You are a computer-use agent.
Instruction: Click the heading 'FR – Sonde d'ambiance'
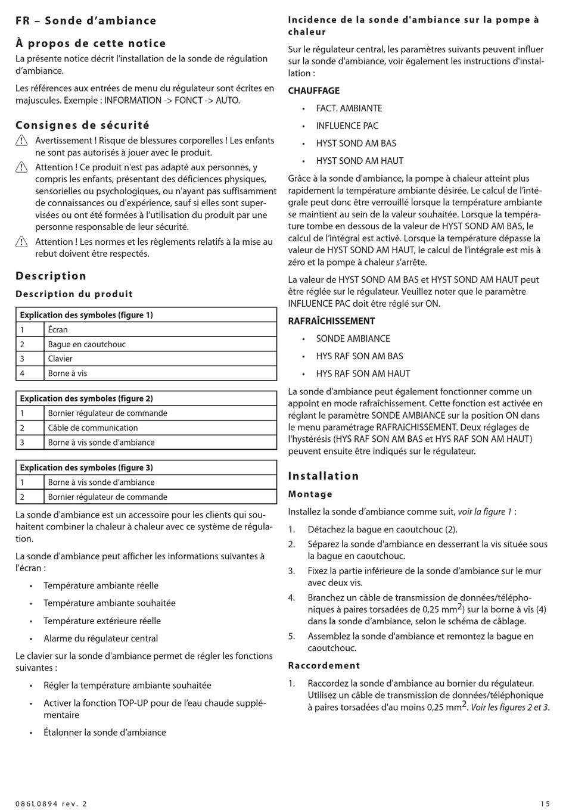tap(86, 21)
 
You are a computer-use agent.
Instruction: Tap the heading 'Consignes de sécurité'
tap(82, 125)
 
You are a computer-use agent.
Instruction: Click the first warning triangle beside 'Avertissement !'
tap(21, 141)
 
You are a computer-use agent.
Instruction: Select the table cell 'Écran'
tap(58, 329)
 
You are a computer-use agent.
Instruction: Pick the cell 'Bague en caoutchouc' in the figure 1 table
tap(87, 344)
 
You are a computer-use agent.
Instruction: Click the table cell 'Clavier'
tap(60, 359)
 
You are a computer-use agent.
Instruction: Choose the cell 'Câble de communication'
tap(93, 428)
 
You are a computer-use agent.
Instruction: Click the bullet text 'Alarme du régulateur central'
tap(101, 638)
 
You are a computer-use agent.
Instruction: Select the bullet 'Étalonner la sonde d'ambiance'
tap(105, 733)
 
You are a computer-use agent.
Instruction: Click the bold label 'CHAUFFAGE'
tap(314, 91)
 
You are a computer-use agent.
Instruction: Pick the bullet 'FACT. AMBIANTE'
tap(349, 108)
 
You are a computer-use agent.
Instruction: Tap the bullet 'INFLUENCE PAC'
tap(347, 126)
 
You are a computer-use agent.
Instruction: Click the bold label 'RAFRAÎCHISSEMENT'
tap(331, 321)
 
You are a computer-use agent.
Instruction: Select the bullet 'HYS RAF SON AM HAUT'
tap(363, 373)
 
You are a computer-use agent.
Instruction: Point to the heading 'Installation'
tap(324, 476)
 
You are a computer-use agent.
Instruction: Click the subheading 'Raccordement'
tap(324, 665)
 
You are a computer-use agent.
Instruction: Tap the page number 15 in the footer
tap(545, 803)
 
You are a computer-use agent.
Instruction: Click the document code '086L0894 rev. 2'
tap(51, 803)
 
